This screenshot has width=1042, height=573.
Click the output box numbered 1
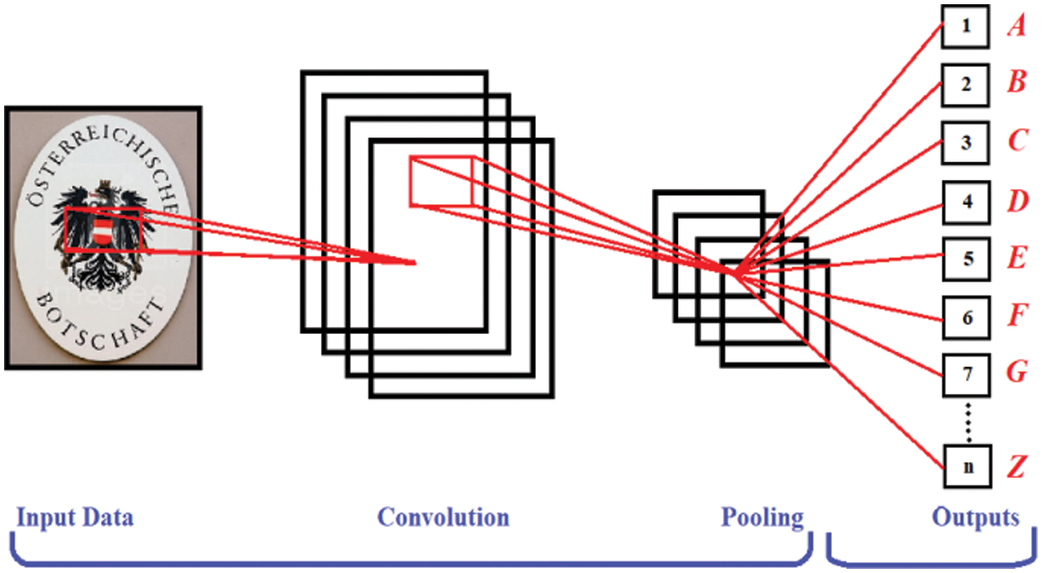[966, 27]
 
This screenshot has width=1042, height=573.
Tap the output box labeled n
[966, 467]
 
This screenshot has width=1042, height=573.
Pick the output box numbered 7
[966, 374]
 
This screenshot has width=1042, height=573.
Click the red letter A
[1015, 27]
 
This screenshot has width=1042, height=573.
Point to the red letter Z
[1015, 467]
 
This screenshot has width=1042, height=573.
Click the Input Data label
[75, 518]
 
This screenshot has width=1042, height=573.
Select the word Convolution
[443, 517]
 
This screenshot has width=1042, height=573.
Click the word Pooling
[762, 518]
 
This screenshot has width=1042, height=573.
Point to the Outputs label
[975, 518]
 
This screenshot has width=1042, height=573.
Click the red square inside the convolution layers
[441, 180]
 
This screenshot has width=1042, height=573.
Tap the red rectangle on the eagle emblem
[104, 230]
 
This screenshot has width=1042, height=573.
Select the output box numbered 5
[966, 259]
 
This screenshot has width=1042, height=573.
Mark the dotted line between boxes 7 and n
[967, 421]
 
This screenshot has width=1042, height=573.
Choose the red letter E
[1017, 259]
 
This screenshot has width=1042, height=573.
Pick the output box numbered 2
[966, 84]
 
